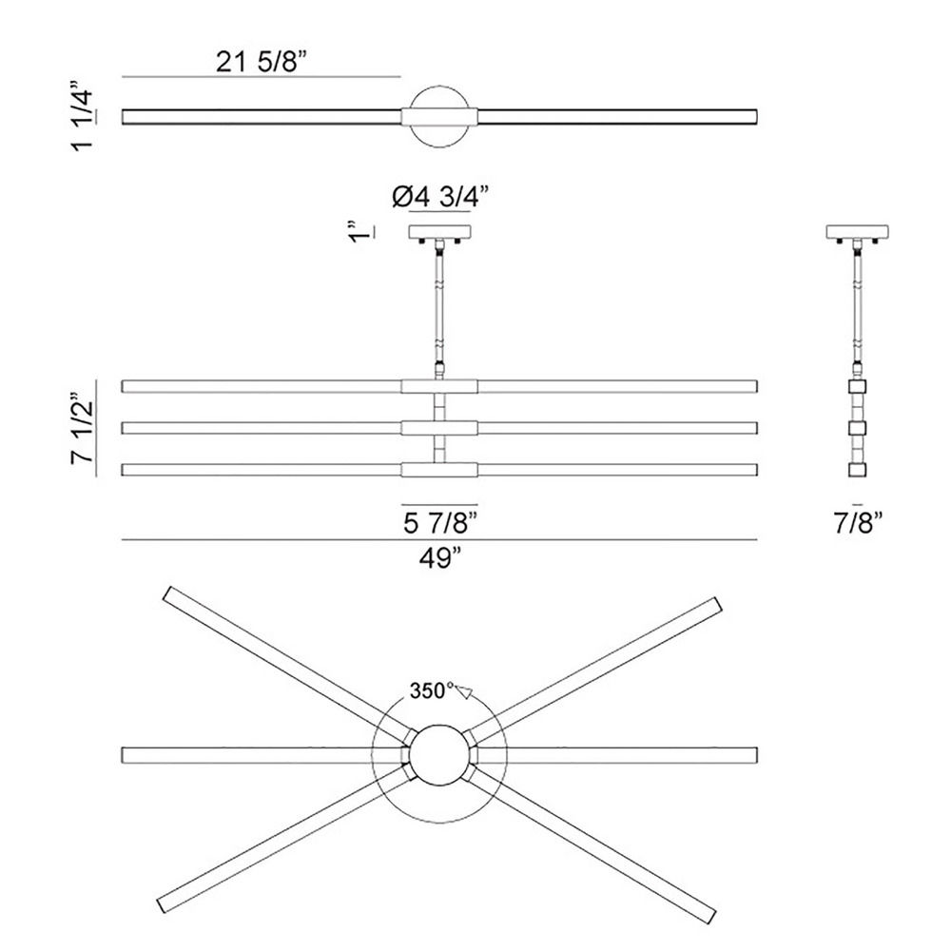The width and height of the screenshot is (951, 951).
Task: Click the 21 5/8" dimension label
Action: [262, 61]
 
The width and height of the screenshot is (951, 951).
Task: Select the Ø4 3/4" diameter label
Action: [440, 197]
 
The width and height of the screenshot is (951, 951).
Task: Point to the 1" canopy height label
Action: [359, 233]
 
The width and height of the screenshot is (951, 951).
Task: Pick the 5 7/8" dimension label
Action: [440, 523]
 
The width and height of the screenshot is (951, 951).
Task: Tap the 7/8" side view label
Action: [858, 523]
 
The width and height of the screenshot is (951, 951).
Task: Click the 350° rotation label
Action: [431, 690]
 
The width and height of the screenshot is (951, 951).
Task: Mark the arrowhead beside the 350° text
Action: [465, 691]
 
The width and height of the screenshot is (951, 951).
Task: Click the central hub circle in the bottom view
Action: [439, 755]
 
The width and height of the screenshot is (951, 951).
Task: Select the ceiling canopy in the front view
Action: [439, 232]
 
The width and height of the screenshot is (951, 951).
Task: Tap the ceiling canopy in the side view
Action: [858, 232]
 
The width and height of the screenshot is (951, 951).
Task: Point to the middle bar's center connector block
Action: [439, 428]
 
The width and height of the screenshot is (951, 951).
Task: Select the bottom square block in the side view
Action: [857, 470]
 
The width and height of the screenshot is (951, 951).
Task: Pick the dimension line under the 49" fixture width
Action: [439, 540]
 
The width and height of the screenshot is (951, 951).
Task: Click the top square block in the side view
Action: [857, 386]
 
